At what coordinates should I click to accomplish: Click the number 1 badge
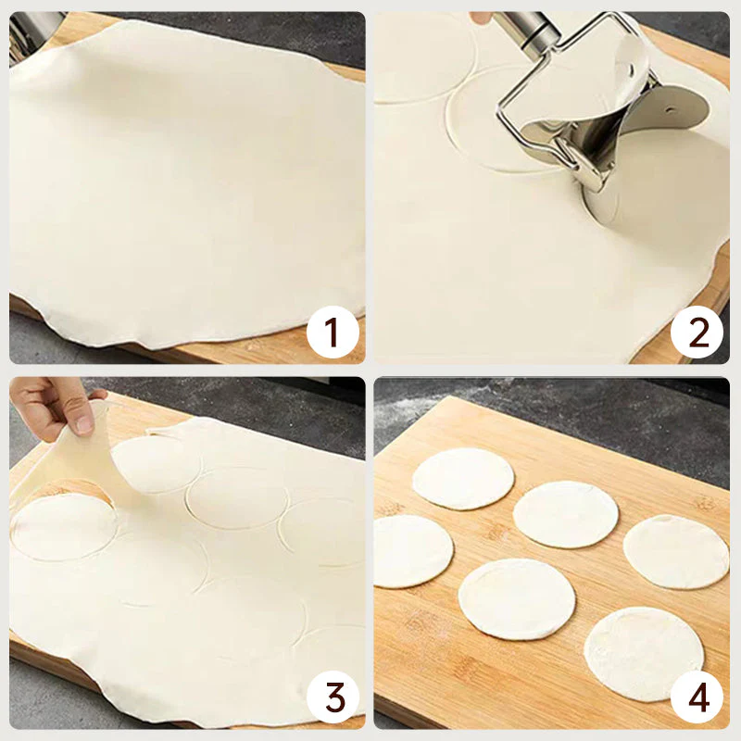click(332, 333)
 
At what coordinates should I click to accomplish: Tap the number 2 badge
click(697, 333)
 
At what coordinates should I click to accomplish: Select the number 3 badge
click(332, 697)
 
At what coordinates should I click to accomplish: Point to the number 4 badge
click(697, 697)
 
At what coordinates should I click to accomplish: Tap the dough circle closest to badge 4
click(644, 652)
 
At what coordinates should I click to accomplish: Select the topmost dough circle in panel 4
click(463, 478)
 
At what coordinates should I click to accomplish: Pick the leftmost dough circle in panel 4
click(412, 551)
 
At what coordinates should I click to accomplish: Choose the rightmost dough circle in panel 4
click(675, 551)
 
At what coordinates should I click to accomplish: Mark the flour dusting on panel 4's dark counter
click(435, 408)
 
